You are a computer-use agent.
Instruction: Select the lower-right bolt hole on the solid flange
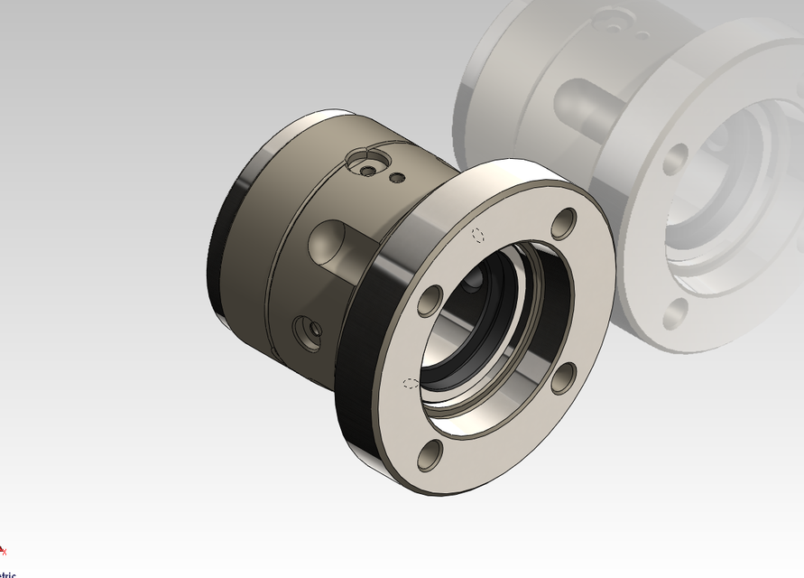point(562,378)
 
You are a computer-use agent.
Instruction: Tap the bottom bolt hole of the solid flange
point(429,456)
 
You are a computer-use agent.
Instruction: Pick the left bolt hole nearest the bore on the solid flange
point(430,301)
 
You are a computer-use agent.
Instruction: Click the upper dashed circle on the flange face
point(479,235)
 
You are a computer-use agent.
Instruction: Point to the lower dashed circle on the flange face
point(411,383)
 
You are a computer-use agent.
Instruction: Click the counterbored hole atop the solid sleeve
point(366,169)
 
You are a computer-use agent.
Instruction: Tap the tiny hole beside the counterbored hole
point(394,178)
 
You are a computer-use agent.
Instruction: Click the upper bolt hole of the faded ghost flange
point(674,159)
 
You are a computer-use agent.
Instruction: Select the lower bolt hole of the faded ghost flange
point(675,313)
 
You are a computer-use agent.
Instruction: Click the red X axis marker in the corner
point(3,550)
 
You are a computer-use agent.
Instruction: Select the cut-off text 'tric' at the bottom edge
point(7,574)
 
